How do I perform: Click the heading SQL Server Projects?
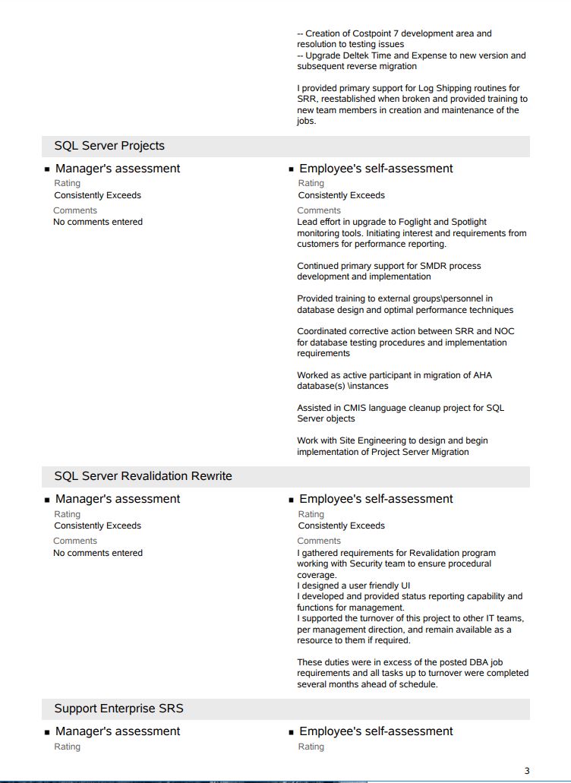[x=109, y=146]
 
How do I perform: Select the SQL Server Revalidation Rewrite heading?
[x=143, y=476]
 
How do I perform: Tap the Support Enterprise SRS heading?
[x=118, y=709]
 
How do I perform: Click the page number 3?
[x=527, y=772]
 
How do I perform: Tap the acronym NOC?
[x=504, y=332]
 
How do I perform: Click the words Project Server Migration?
[x=420, y=452]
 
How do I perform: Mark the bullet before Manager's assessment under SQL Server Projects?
[x=47, y=169]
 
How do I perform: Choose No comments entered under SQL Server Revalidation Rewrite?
[x=98, y=553]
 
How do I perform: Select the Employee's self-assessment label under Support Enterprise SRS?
[x=376, y=731]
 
